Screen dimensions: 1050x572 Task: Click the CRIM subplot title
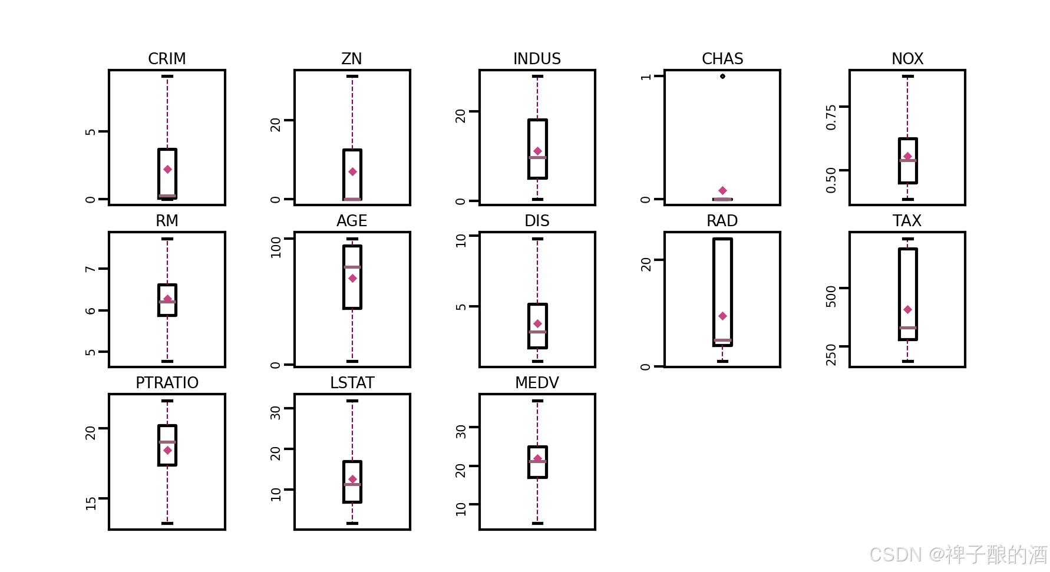pos(167,59)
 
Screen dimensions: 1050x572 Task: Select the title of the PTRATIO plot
pos(167,383)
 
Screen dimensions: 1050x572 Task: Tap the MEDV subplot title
pos(537,383)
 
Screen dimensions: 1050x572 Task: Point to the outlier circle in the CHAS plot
pos(722,76)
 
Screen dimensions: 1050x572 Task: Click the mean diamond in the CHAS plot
pos(722,190)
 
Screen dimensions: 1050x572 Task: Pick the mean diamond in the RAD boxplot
pos(722,316)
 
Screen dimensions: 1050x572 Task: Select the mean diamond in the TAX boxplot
pos(907,309)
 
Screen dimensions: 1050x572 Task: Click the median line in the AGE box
pos(352,267)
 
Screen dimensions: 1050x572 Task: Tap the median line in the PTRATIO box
pos(167,442)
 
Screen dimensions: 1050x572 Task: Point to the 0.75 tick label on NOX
pos(831,117)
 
